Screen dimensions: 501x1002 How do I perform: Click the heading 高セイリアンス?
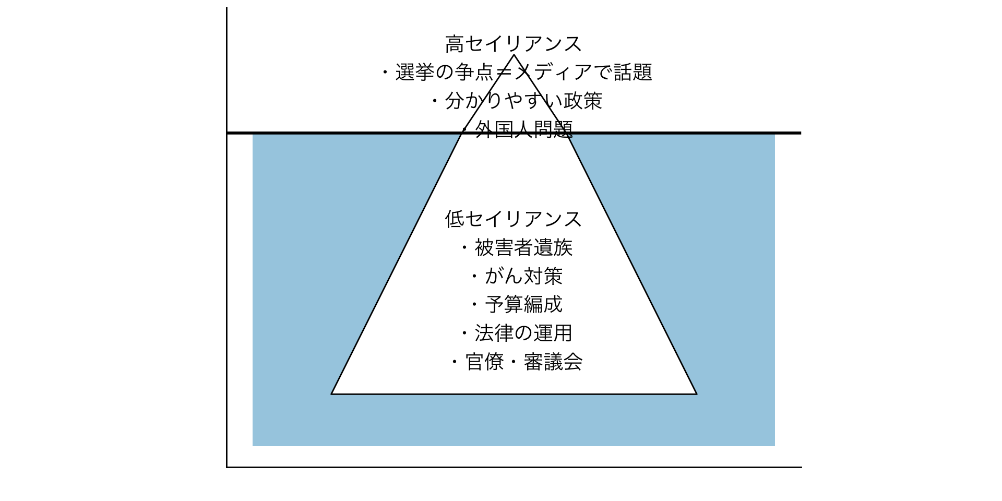click(514, 44)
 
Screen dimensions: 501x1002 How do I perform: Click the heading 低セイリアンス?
click(514, 219)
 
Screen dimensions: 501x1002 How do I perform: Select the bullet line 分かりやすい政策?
click(523, 101)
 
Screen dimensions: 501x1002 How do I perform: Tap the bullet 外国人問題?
click(524, 129)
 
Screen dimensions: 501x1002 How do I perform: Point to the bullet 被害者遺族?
click(523, 247)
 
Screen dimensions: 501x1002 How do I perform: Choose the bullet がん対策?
click(523, 276)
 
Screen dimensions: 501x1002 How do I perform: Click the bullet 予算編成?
click(523, 304)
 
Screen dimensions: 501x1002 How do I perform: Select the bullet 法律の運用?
click(523, 333)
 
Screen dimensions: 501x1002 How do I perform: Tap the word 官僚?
click(485, 362)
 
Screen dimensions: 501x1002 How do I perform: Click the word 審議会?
click(553, 362)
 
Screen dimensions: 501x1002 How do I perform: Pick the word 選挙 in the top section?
click(415, 72)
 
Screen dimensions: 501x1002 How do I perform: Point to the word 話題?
click(633, 72)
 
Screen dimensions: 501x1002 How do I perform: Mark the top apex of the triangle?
click(514, 55)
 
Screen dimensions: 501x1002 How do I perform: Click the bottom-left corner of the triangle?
click(331, 394)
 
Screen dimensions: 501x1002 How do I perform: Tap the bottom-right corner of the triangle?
click(697, 394)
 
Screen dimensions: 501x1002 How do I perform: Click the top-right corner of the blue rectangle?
click(774, 134)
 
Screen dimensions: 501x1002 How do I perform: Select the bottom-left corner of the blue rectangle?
click(253, 446)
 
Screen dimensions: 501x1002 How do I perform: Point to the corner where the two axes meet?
click(226, 467)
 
